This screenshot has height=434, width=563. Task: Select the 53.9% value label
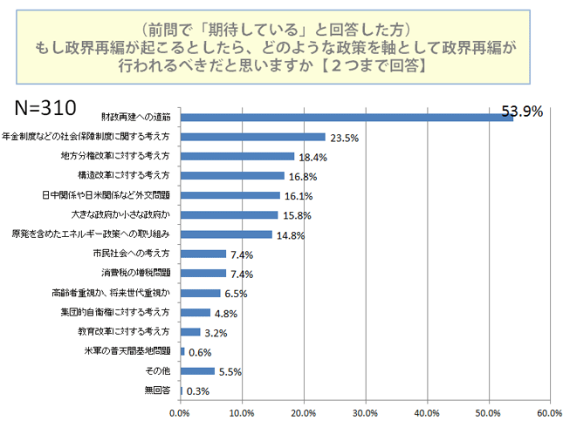523,111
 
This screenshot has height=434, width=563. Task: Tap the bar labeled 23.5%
252,137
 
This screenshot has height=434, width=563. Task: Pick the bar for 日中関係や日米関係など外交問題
230,195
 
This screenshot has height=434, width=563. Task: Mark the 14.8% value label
292,234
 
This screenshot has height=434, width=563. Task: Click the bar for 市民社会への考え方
203,254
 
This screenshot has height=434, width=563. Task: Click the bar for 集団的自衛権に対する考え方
195,312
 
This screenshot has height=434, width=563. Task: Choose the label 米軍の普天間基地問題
132,351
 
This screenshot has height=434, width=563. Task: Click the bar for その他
196,370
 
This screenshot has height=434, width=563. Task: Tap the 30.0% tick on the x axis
365,412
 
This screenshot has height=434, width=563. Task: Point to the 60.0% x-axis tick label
549,412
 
